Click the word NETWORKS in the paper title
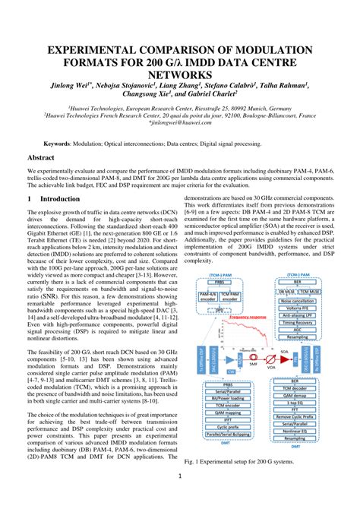pyautogui.click(x=179, y=74)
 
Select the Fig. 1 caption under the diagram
pyautogui.click(x=243, y=460)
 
